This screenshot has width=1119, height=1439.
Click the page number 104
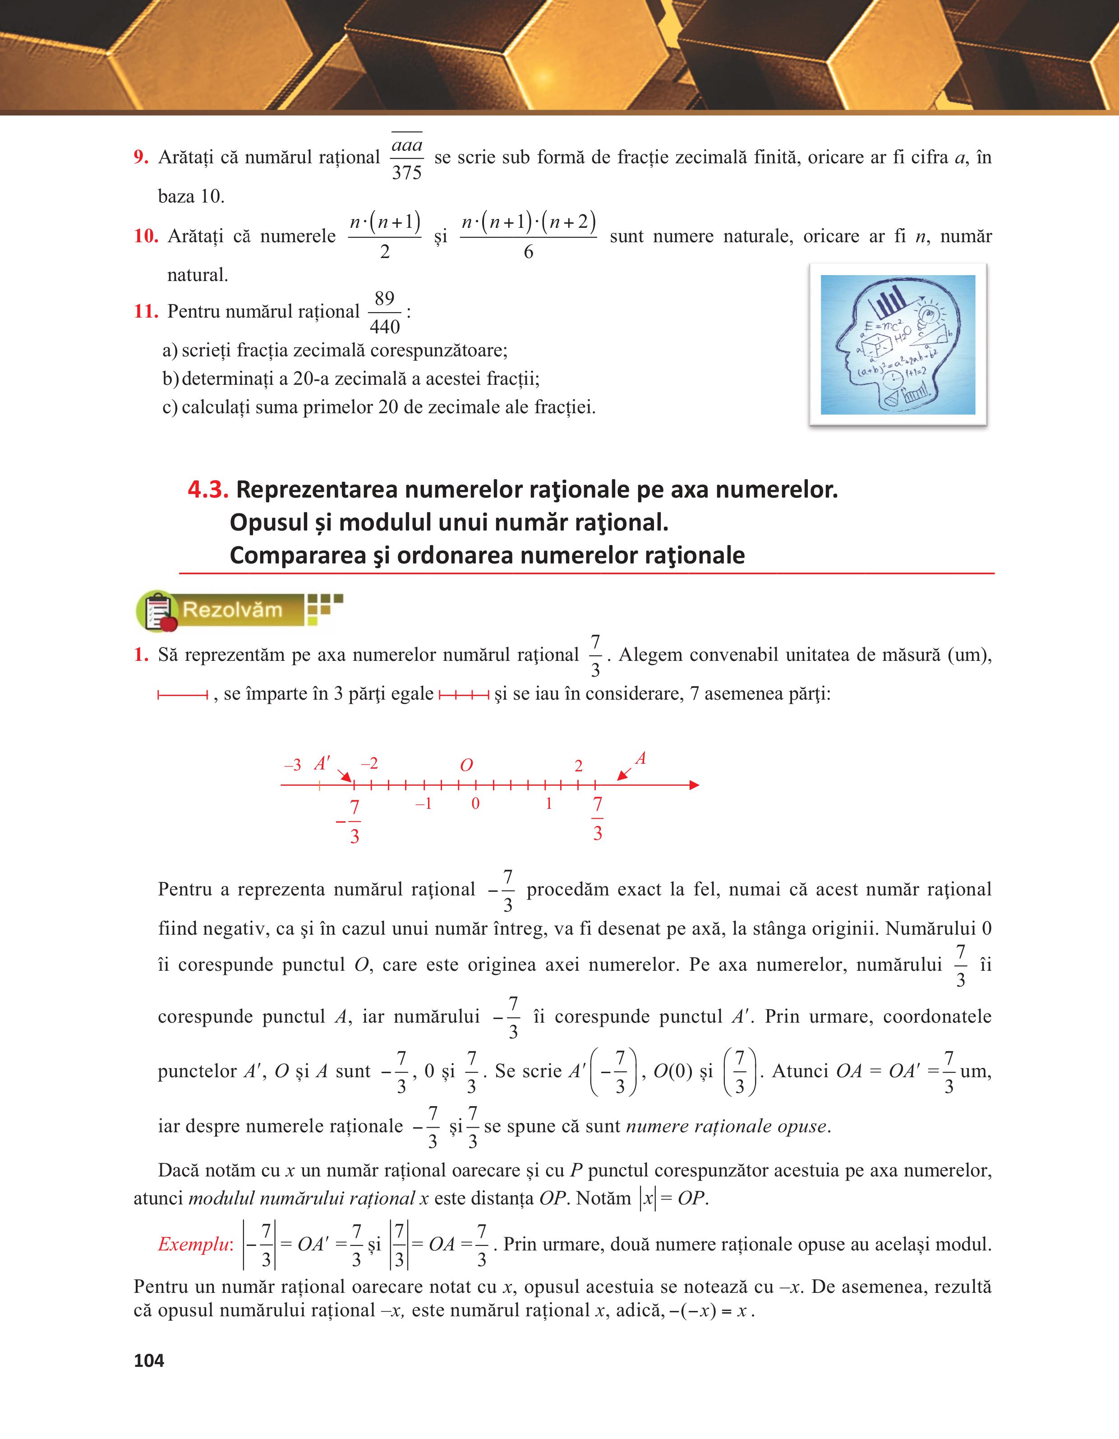click(149, 1360)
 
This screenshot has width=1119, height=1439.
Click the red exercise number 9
click(140, 157)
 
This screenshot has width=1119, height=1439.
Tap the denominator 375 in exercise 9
click(406, 173)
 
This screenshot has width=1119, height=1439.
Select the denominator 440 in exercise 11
click(385, 327)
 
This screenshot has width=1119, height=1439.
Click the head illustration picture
click(897, 345)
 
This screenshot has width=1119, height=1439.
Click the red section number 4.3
click(208, 489)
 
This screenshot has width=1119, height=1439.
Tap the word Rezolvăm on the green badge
click(232, 609)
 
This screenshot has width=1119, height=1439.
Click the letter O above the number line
click(466, 765)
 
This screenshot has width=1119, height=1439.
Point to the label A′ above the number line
click(322, 764)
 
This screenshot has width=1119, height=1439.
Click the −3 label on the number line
click(292, 765)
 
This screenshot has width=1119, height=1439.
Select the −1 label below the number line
click(424, 804)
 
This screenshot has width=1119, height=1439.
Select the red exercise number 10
click(146, 236)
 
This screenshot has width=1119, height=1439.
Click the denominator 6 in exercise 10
click(528, 252)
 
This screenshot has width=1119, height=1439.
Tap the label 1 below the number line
click(548, 804)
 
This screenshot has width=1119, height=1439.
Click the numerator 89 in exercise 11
click(385, 299)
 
